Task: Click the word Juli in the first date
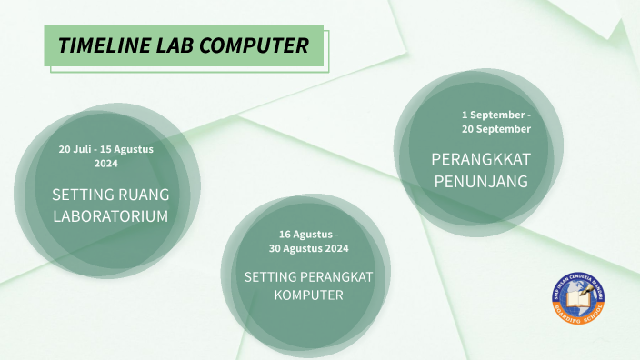pos(85,148)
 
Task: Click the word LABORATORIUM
pos(111,216)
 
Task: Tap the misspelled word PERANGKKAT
pos(480,160)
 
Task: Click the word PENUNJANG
pos(480,182)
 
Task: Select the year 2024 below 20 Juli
pos(105,163)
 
